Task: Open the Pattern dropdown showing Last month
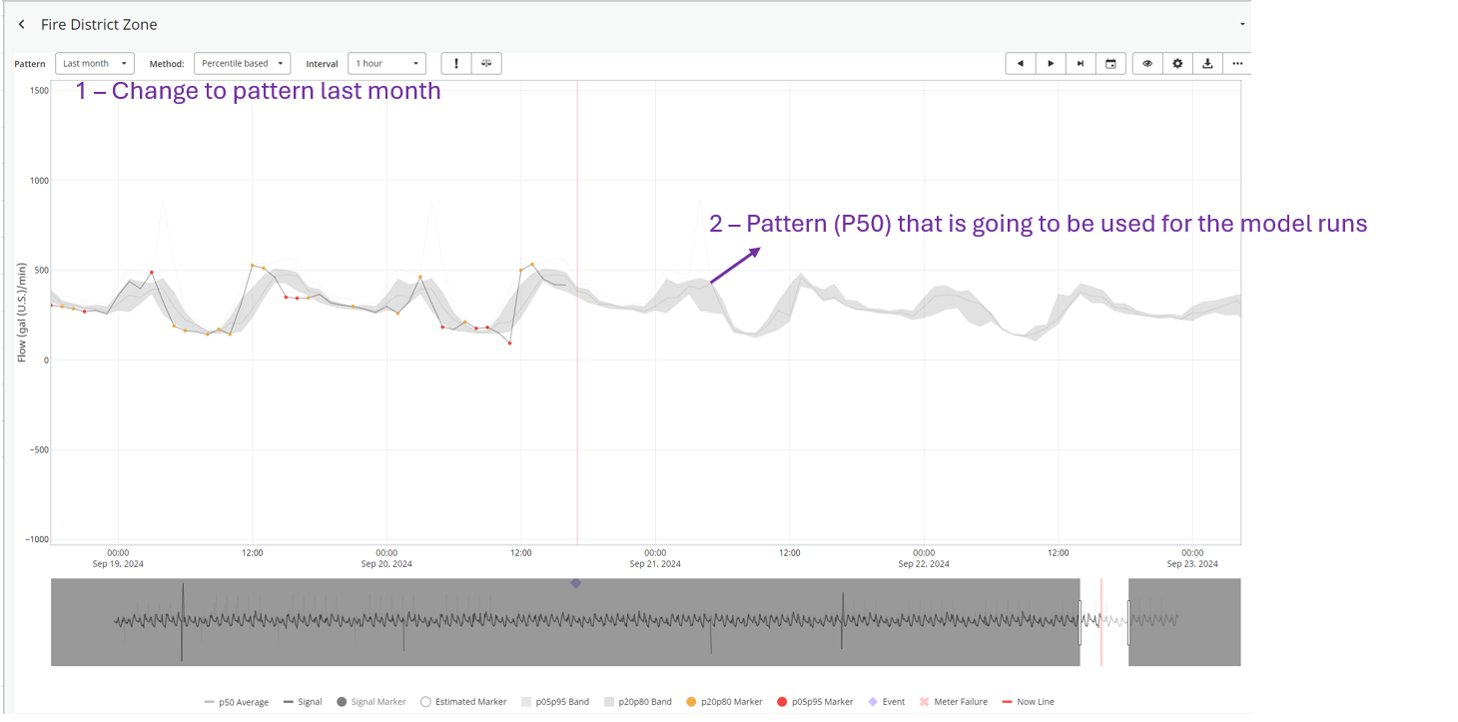pyautogui.click(x=94, y=64)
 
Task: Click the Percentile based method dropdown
pyautogui.click(x=242, y=64)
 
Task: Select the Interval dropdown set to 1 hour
pyautogui.click(x=386, y=64)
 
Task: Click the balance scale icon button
pyautogui.click(x=486, y=64)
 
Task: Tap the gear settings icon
pyautogui.click(x=1177, y=64)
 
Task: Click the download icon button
pyautogui.click(x=1207, y=64)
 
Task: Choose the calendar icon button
pyautogui.click(x=1110, y=64)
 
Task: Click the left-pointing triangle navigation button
pyautogui.click(x=1020, y=64)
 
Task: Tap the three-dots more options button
pyautogui.click(x=1237, y=64)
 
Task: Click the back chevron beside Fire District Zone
pyautogui.click(x=22, y=24)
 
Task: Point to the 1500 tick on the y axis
pyautogui.click(x=39, y=91)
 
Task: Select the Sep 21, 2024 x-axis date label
pyautogui.click(x=655, y=564)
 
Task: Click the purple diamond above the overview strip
pyautogui.click(x=575, y=583)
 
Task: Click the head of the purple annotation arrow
pyautogui.click(x=757, y=250)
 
